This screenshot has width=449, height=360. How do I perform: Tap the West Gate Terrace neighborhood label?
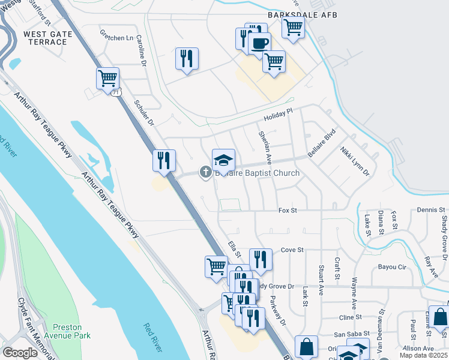point(48,39)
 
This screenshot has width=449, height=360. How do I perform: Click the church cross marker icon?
point(205,173)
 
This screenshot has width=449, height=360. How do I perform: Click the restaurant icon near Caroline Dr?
point(187,58)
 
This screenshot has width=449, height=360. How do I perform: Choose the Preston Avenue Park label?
point(71,331)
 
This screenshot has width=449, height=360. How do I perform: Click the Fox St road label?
point(288,211)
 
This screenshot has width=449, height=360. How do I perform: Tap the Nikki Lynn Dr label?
point(354,160)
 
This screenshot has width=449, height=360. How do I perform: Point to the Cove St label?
point(292,249)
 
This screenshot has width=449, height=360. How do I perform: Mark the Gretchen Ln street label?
point(116,37)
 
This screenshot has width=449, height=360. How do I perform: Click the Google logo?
point(20,353)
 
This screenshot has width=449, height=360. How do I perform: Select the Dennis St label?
point(431,210)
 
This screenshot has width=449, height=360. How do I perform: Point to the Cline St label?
point(351,317)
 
